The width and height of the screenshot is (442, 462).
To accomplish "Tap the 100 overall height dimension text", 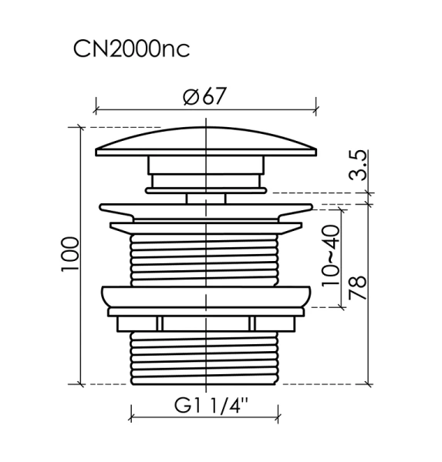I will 70,253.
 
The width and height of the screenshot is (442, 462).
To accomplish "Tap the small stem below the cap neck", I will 206,198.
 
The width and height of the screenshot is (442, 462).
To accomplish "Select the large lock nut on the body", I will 206,296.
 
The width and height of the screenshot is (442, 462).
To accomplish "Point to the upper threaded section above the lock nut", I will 206,258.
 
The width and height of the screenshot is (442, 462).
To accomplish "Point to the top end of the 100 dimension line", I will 81,128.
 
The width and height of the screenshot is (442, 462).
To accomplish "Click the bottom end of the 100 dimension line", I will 81,383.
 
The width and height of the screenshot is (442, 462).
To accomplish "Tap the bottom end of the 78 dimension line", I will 369,383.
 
